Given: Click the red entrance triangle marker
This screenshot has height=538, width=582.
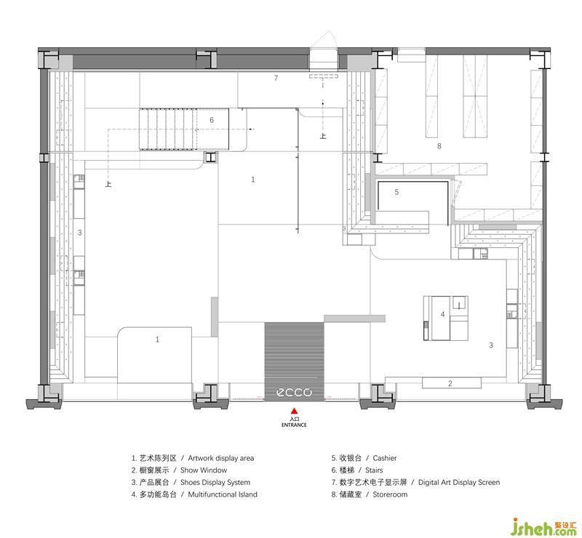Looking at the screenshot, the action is click(x=294, y=411).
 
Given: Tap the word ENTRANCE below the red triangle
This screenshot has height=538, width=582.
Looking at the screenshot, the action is click(x=294, y=425).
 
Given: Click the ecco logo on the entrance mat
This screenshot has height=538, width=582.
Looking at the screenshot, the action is click(x=295, y=392).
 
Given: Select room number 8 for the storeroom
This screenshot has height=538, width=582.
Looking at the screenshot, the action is click(x=439, y=146).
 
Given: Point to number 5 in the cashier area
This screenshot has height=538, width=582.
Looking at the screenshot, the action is click(x=396, y=192).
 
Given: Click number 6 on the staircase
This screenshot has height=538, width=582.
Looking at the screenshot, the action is click(x=212, y=120).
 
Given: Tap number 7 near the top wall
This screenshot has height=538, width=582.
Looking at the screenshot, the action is click(x=276, y=78).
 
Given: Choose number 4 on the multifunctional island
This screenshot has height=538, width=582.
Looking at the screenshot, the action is click(x=442, y=314).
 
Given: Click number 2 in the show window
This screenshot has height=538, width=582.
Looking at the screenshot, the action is click(x=450, y=383).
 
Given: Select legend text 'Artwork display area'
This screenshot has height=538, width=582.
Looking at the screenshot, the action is click(x=221, y=458).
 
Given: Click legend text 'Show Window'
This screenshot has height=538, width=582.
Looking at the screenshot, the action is click(x=204, y=470).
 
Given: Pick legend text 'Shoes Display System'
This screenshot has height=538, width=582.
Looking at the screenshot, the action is click(x=215, y=482).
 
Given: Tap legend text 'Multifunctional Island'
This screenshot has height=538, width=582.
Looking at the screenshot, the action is click(x=223, y=494).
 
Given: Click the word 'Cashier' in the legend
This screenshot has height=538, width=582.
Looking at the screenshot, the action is click(x=385, y=458).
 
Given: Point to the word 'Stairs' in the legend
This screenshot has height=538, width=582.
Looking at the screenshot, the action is click(x=374, y=470).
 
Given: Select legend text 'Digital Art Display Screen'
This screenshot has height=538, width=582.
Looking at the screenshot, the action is click(x=459, y=482).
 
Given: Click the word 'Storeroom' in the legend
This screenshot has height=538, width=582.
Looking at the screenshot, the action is click(x=390, y=494).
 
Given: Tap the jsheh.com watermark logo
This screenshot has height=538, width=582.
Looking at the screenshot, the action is click(x=543, y=526).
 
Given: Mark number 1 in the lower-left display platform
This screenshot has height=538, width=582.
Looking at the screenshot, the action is click(x=157, y=339).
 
